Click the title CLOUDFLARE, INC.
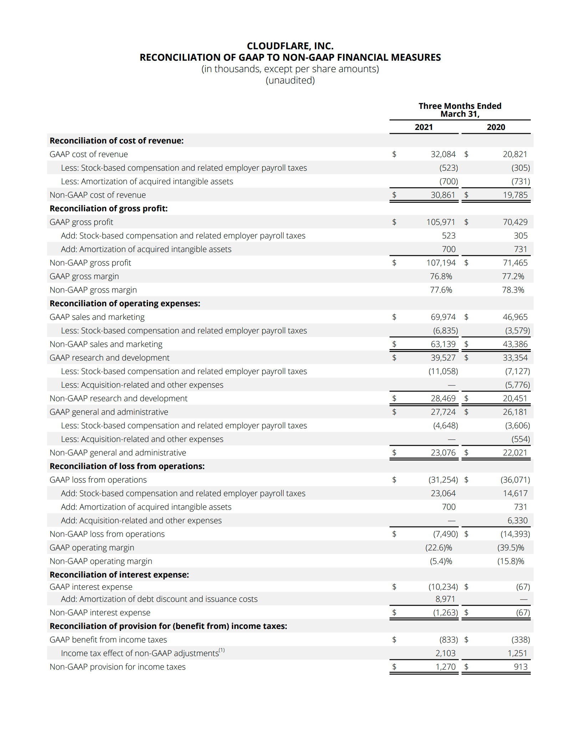click(290, 46)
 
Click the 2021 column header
click(423, 127)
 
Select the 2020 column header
click(496, 127)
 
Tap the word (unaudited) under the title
click(290, 80)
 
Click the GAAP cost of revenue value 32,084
click(443, 154)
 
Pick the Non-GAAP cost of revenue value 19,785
click(515, 195)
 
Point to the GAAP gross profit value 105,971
click(441, 222)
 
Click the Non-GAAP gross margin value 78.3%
click(513, 290)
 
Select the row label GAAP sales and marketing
click(97, 317)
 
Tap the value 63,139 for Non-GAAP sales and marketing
click(443, 344)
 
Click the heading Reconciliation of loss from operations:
click(127, 466)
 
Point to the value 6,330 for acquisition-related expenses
click(517, 520)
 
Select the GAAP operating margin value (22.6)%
click(439, 548)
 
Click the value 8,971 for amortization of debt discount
click(445, 599)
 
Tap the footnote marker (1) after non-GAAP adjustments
click(222, 650)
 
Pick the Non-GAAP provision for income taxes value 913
click(521, 667)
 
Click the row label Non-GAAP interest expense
click(100, 613)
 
